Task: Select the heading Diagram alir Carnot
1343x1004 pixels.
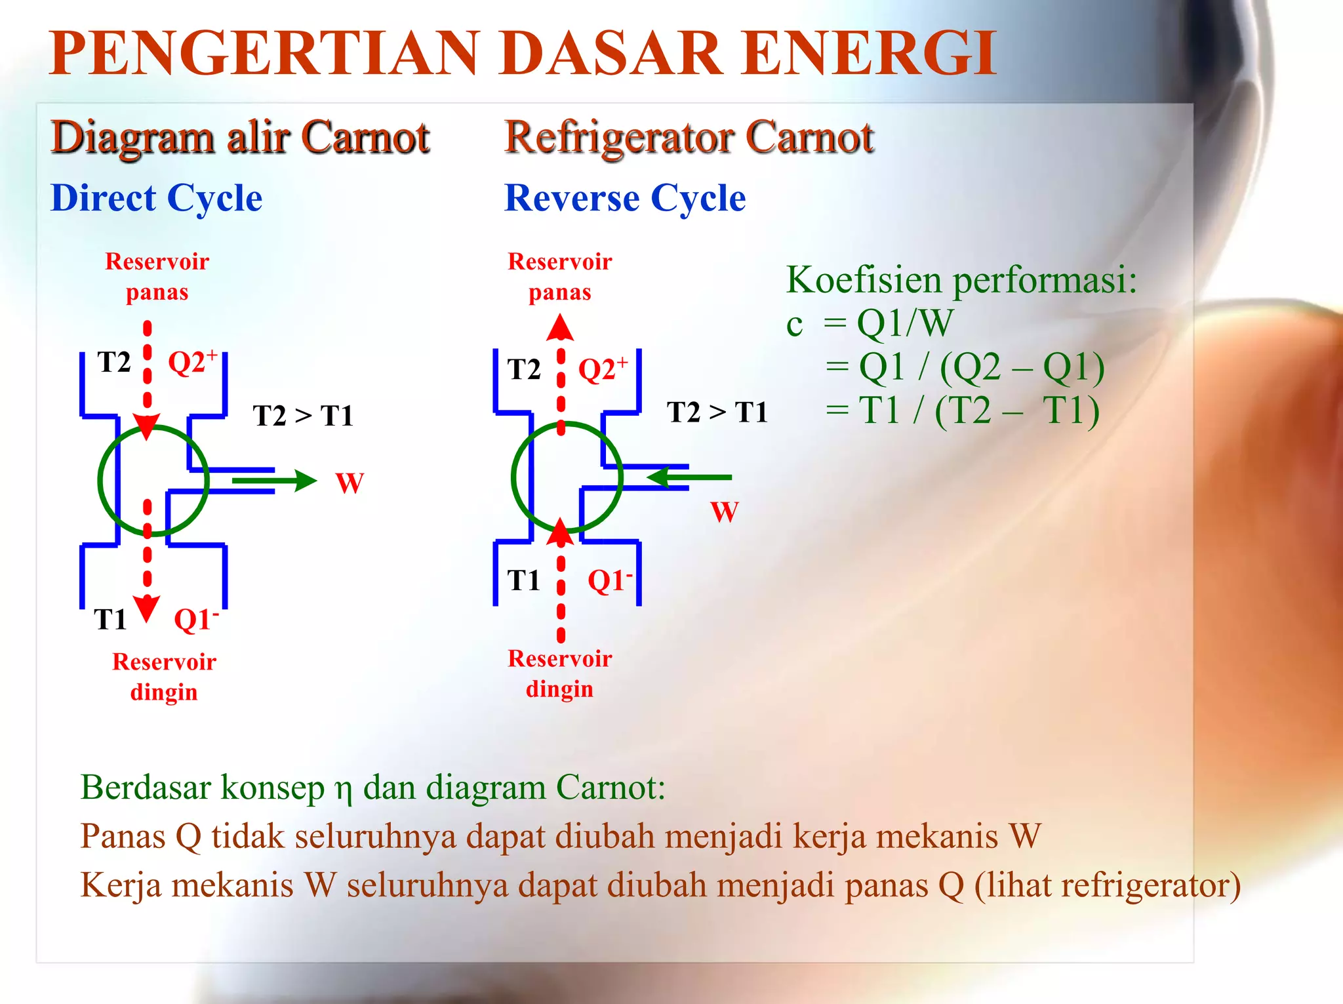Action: pyautogui.click(x=240, y=138)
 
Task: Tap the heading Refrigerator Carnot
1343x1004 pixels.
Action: pyautogui.click(x=689, y=138)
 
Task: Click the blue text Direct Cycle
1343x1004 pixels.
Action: pyautogui.click(x=156, y=198)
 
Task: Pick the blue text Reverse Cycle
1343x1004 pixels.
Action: pyautogui.click(x=625, y=198)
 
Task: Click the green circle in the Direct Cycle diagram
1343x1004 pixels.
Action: pyautogui.click(x=100, y=481)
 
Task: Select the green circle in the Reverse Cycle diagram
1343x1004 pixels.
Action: pyautogui.click(x=513, y=477)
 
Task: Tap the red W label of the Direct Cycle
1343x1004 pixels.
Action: pyautogui.click(x=350, y=483)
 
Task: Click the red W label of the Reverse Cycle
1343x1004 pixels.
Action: pyautogui.click(x=725, y=512)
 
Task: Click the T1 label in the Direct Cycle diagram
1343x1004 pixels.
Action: pyautogui.click(x=110, y=619)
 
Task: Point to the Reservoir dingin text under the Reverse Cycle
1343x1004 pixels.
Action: pyautogui.click(x=560, y=673)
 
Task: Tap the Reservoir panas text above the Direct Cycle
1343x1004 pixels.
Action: pyautogui.click(x=157, y=276)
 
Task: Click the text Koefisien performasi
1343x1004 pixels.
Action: pyautogui.click(x=961, y=279)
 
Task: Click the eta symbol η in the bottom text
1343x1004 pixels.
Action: pyautogui.click(x=344, y=789)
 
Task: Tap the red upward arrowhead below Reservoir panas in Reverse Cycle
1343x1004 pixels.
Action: pyautogui.click(x=560, y=327)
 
